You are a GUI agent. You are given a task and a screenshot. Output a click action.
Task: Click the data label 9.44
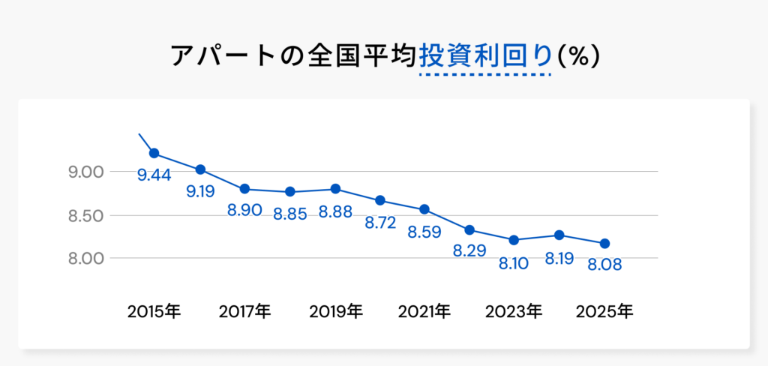154,175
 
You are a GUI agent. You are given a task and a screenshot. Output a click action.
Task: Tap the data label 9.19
200,191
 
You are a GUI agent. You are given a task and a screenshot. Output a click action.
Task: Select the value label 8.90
244,210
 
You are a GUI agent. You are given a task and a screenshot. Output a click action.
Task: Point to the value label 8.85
290,214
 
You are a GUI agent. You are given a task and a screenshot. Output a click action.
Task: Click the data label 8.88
335,212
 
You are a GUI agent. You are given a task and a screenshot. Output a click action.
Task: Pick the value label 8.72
380,223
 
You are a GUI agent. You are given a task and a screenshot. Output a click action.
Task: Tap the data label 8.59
424,232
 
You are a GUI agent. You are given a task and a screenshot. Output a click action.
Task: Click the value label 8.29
469,250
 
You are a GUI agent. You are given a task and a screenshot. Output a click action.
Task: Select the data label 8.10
514,263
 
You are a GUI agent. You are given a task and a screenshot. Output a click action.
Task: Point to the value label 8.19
559,259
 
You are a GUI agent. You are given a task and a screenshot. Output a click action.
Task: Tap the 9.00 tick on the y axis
85,172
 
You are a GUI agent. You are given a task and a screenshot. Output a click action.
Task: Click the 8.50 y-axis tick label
85,216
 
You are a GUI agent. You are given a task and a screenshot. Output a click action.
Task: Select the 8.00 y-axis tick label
85,258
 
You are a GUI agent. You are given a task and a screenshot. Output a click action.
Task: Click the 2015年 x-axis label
154,310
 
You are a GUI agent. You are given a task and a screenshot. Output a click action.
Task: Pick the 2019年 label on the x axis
335,310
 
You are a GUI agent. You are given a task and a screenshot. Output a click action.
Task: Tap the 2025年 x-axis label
604,310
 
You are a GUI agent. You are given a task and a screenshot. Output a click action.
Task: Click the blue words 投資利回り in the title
485,56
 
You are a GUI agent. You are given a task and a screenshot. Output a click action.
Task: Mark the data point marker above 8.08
604,243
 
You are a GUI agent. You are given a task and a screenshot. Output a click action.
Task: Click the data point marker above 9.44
154,153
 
